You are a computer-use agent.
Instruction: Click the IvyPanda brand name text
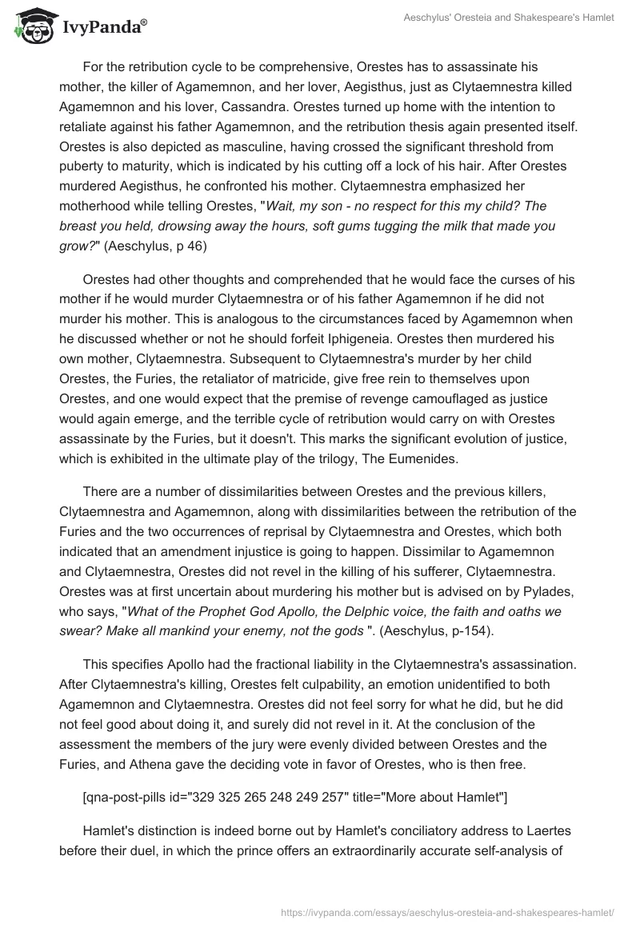(104, 28)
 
